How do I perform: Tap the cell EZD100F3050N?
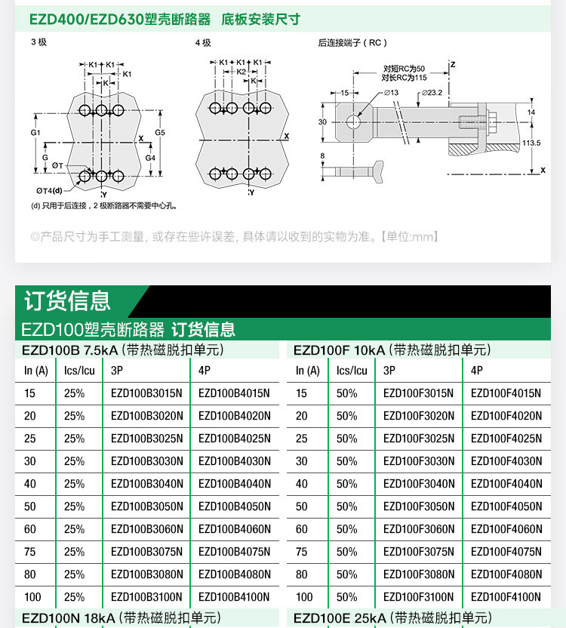click(x=419, y=506)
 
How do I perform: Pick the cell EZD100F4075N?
click(x=506, y=552)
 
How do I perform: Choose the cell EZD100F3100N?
click(x=419, y=597)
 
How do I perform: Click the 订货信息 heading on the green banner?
click(x=67, y=300)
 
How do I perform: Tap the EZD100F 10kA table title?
click(x=392, y=350)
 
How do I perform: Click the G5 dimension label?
click(x=160, y=133)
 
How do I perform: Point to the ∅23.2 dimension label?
click(x=432, y=92)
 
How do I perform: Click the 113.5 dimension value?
click(x=531, y=143)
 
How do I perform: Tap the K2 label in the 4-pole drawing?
click(x=241, y=71)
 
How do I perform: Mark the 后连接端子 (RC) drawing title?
click(x=352, y=43)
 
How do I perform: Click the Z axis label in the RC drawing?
click(x=453, y=65)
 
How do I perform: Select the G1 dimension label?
click(x=35, y=133)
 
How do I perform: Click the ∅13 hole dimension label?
click(x=391, y=92)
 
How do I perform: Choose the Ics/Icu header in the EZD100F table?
click(x=352, y=371)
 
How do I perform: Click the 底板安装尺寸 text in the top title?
click(x=260, y=19)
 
